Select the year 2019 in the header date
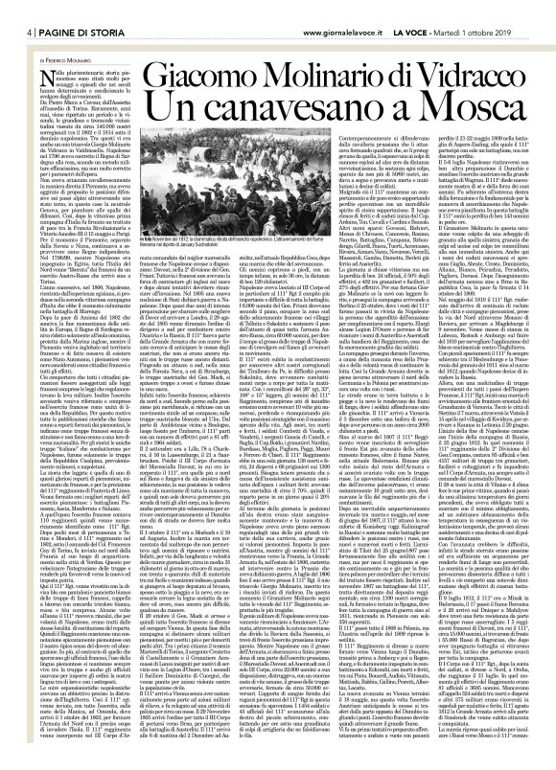coord(539,11)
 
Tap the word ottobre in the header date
coord(518,11)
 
